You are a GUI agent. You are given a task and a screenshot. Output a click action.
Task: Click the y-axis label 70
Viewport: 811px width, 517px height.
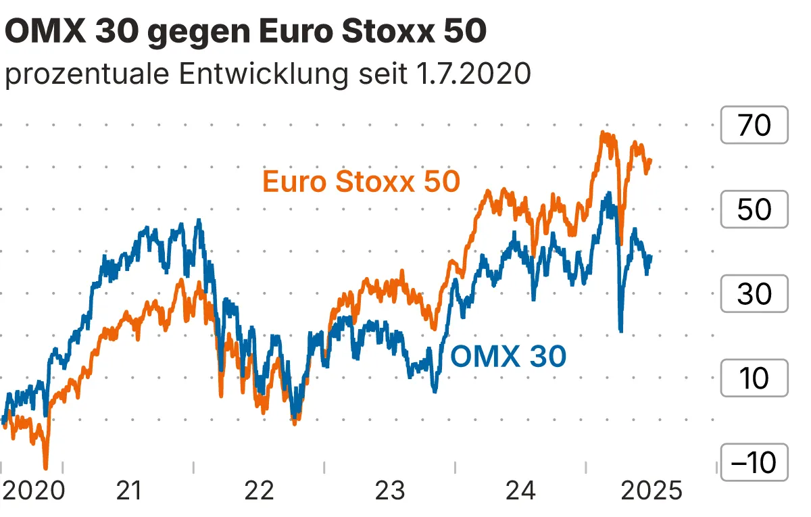tap(754, 125)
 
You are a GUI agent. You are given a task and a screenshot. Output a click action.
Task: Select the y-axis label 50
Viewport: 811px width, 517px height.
tap(754, 210)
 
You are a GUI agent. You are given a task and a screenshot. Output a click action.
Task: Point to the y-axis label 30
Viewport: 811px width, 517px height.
tap(754, 294)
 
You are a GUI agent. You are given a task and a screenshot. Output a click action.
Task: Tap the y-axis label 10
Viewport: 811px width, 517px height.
tap(754, 378)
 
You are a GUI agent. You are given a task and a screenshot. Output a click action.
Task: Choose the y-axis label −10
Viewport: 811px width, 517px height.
tap(754, 463)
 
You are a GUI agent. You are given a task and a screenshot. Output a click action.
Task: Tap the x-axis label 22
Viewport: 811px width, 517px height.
tap(260, 490)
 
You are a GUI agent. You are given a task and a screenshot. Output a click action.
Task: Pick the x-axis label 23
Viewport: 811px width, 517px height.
tap(390, 490)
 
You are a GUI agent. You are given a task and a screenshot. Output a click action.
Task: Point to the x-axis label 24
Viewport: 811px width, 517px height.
tap(520, 490)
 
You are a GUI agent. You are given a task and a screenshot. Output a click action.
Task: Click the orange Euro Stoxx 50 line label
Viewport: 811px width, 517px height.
tap(361, 182)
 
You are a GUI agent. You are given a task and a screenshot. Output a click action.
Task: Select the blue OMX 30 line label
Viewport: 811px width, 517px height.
tap(508, 356)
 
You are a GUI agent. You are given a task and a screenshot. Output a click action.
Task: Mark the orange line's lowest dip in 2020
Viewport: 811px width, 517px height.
tap(46, 466)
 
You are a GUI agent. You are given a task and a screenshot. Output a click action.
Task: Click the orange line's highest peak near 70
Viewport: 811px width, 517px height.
tap(604, 134)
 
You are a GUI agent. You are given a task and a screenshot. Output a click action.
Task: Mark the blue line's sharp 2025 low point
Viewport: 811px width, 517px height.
tap(620, 330)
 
